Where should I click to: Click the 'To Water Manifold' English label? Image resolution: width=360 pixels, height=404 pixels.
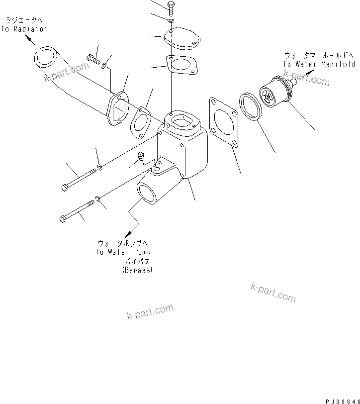tap(319, 64)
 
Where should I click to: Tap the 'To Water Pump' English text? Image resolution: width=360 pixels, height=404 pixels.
tap(124, 252)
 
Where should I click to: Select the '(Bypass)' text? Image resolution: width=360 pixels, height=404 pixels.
tap(137, 270)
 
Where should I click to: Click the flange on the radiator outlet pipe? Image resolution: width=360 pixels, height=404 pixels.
tap(117, 110)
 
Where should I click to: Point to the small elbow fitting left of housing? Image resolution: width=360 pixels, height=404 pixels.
tap(141, 158)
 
